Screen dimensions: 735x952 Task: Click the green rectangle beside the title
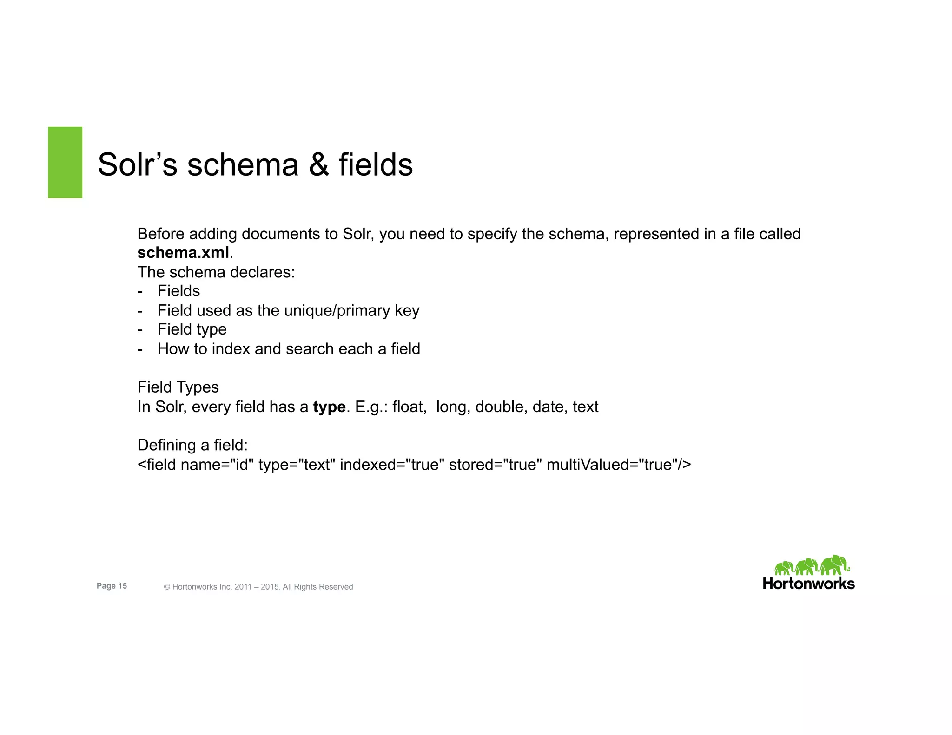point(65,162)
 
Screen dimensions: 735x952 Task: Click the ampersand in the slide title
point(318,165)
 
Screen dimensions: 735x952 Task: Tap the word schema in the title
point(242,165)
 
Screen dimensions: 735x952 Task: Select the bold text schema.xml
point(183,253)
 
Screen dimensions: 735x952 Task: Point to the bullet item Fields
point(178,291)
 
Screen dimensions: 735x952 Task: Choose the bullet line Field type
point(192,329)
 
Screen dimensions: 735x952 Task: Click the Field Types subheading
point(178,387)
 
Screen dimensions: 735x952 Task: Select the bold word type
point(329,407)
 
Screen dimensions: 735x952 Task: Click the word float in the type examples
point(408,407)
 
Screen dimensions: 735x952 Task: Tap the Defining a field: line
point(192,445)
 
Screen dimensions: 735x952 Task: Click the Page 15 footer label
point(112,586)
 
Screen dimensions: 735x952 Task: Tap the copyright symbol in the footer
point(167,587)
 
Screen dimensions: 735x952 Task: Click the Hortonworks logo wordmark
point(808,584)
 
